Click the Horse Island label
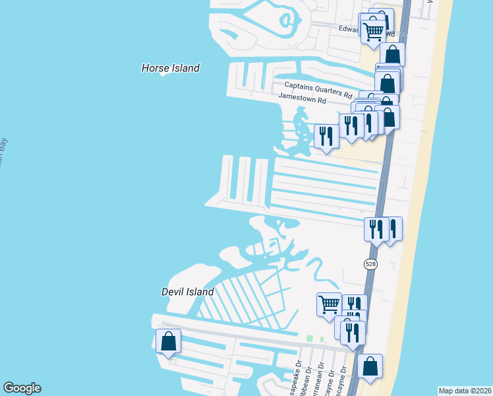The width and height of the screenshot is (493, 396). click(x=171, y=68)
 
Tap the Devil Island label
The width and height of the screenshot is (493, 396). click(x=188, y=292)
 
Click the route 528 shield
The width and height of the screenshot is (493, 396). click(x=370, y=263)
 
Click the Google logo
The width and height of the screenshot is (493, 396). click(x=22, y=388)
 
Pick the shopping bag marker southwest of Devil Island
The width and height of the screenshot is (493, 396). click(x=169, y=341)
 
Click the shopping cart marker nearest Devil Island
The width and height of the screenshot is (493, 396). click(x=329, y=304)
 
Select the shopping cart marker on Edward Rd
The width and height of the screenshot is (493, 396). click(x=374, y=30)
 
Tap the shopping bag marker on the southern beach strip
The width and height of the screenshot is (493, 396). click(x=370, y=366)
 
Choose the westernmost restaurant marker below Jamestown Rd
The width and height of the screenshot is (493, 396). click(x=326, y=137)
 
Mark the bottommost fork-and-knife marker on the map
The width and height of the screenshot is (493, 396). click(x=353, y=333)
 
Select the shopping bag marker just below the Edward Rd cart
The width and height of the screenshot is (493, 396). click(x=393, y=54)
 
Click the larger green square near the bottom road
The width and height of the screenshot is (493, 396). click(x=309, y=339)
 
